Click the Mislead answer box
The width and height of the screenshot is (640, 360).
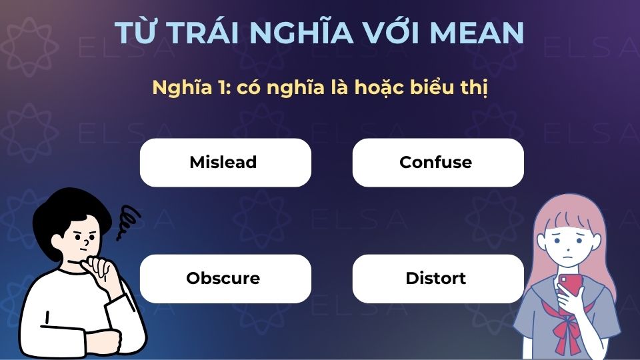(225, 162)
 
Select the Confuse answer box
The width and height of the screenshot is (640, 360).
(437, 162)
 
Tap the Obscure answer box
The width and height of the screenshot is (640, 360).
(225, 278)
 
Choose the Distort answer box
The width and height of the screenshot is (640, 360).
(437, 278)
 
